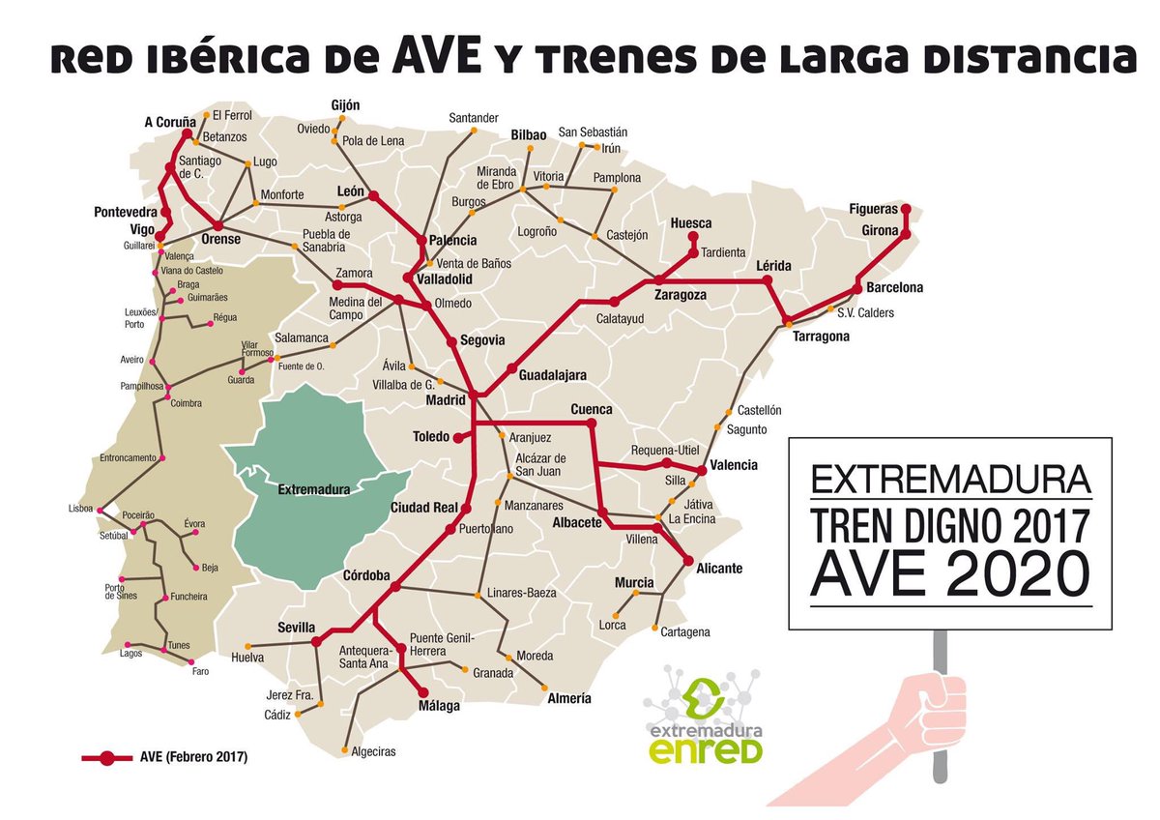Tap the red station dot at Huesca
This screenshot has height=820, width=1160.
pyautogui.click(x=692, y=236)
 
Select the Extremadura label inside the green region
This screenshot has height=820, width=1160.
pyautogui.click(x=312, y=490)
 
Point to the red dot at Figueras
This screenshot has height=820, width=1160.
pyautogui.click(x=906, y=209)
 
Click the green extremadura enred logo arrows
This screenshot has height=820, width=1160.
pyautogui.click(x=701, y=691)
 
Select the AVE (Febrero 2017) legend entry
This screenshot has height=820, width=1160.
pyautogui.click(x=164, y=757)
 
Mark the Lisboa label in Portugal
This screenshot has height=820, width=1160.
pyautogui.click(x=80, y=508)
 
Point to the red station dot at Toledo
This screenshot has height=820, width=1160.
pyautogui.click(x=457, y=437)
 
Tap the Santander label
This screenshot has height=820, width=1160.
pyautogui.click(x=473, y=118)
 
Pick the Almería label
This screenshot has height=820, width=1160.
pyautogui.click(x=568, y=698)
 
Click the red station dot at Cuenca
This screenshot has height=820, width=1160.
pyautogui.click(x=593, y=424)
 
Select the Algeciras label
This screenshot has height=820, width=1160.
pyautogui.click(x=373, y=751)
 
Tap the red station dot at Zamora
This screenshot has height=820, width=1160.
pyautogui.click(x=337, y=286)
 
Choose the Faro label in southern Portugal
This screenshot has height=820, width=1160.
pyautogui.click(x=201, y=671)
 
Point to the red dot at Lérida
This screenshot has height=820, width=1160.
pyautogui.click(x=768, y=280)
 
